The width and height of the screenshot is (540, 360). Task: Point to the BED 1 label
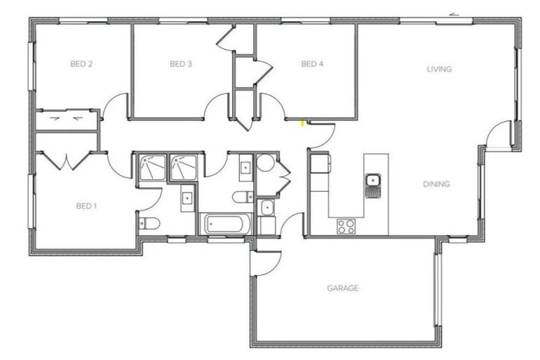point(86,206)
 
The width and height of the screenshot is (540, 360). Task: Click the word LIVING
point(439,70)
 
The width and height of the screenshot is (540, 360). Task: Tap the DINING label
point(436,185)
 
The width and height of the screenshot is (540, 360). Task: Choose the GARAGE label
point(342,288)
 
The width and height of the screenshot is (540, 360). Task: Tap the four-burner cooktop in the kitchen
point(345,226)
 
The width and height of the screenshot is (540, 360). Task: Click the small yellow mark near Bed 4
point(302,124)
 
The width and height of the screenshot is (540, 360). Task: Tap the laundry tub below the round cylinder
point(266,207)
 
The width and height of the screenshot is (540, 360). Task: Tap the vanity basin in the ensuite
point(188,198)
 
